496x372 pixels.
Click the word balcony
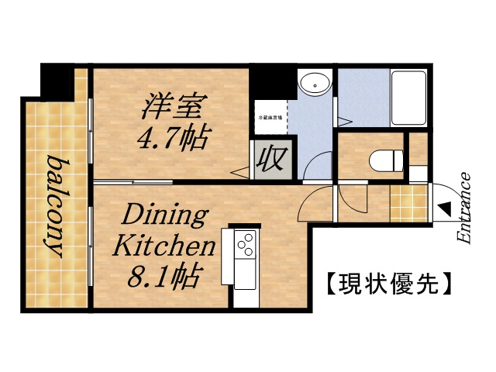point(55,206)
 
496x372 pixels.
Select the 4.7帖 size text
point(171,139)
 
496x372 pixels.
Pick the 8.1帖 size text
point(167,275)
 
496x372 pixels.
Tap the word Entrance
point(464,208)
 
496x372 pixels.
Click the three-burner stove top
point(246,245)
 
